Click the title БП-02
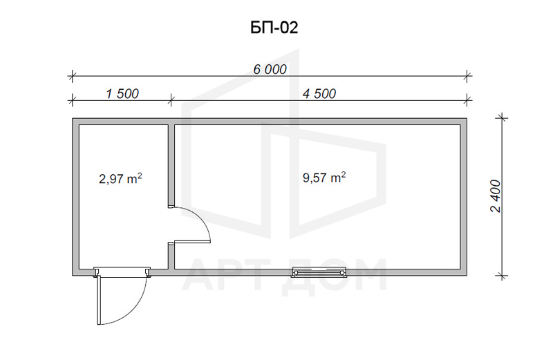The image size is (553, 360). click(x=274, y=28)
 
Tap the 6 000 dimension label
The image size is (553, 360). click(x=270, y=70)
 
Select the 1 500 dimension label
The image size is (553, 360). click(x=122, y=94)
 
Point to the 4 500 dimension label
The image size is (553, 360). click(x=319, y=94)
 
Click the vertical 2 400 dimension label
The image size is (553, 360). click(x=496, y=196)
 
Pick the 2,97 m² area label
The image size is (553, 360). click(x=120, y=178)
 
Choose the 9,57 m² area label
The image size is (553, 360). click(x=324, y=177)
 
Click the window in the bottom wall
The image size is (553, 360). click(x=319, y=272)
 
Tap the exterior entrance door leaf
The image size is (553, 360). click(x=99, y=300)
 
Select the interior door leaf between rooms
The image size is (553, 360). click(x=192, y=242)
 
